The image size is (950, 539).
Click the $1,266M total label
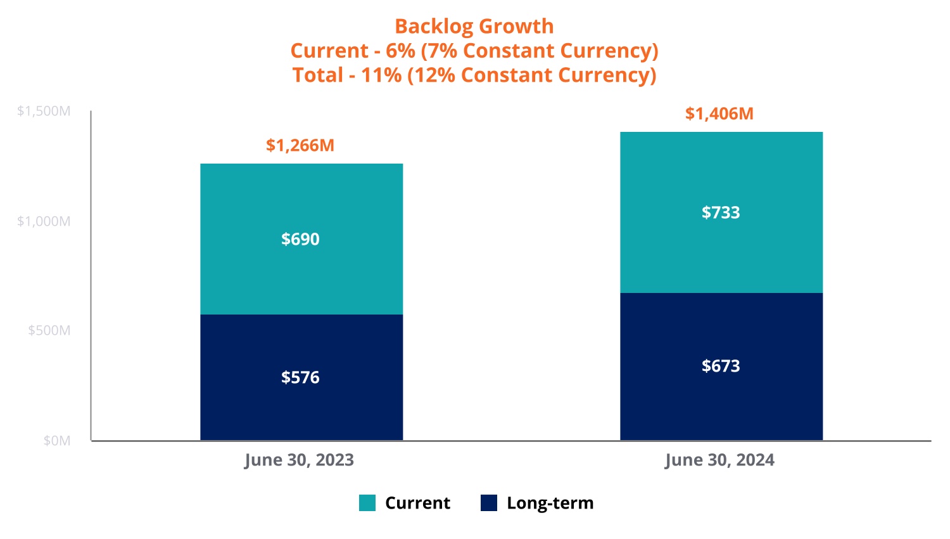point(300,145)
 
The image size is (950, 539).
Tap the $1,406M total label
point(719,114)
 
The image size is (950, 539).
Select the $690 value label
point(300,239)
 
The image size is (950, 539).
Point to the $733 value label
point(721,212)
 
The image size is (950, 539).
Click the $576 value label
point(300,377)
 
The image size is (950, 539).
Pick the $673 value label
point(721,366)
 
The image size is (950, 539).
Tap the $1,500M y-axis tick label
point(44,112)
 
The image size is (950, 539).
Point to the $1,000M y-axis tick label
point(44,221)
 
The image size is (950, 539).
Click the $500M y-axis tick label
point(49,330)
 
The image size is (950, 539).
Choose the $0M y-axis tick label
point(57,441)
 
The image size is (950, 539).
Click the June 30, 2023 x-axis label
point(299,460)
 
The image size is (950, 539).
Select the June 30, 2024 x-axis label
point(719,460)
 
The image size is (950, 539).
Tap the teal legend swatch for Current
point(367,503)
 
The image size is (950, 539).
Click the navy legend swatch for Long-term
point(489,503)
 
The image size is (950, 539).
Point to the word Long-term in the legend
point(550,503)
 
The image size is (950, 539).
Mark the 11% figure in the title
point(381,75)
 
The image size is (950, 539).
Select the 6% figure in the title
point(400,51)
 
